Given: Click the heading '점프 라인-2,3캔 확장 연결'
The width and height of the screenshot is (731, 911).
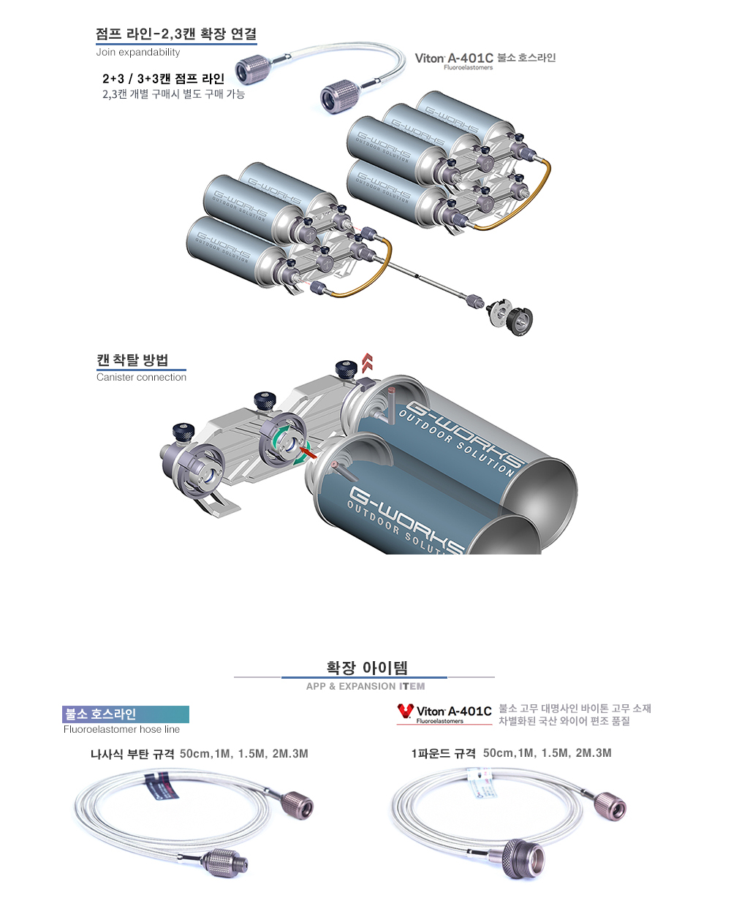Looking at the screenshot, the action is pyautogui.click(x=176, y=34).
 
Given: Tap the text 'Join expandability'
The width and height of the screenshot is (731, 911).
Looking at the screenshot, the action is pyautogui.click(x=138, y=52).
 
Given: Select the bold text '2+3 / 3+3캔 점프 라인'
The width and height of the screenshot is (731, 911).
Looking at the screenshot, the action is pyautogui.click(x=164, y=78).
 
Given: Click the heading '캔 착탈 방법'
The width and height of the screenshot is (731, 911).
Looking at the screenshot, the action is pyautogui.click(x=132, y=360).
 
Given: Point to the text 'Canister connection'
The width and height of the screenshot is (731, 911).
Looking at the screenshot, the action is pyautogui.click(x=142, y=377).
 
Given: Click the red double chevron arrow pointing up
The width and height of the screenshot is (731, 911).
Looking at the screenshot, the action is pyautogui.click(x=367, y=363).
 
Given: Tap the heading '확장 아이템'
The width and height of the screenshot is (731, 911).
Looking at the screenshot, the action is pyautogui.click(x=367, y=668).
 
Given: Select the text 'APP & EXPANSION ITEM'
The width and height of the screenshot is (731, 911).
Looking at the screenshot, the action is pyautogui.click(x=365, y=686).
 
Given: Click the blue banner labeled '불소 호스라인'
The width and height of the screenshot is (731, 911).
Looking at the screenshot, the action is pyautogui.click(x=126, y=714).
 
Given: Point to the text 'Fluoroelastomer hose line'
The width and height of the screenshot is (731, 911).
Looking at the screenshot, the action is pyautogui.click(x=121, y=729).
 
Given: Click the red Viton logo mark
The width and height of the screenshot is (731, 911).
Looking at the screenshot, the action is pyautogui.click(x=405, y=711).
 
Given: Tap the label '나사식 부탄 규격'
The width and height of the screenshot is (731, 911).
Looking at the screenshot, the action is pyautogui.click(x=132, y=754).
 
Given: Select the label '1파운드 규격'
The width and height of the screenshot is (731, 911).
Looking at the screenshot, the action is pyautogui.click(x=444, y=753).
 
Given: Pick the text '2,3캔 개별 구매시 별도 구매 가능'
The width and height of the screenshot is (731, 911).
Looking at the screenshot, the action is pyautogui.click(x=174, y=94).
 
